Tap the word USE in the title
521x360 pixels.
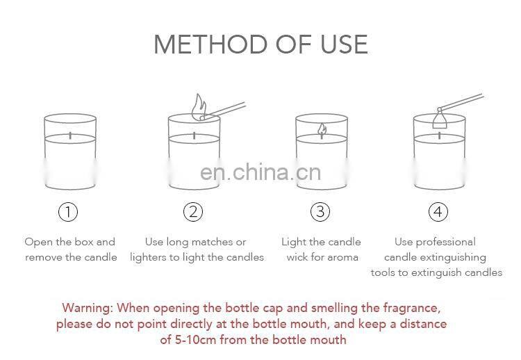(x=344, y=44)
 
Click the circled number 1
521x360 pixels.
(x=68, y=212)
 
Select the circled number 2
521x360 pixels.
(x=193, y=212)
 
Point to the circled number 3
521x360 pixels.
(x=320, y=212)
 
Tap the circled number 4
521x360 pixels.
(x=438, y=212)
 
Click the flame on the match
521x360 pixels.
(x=199, y=106)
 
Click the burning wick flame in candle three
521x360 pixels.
(x=322, y=130)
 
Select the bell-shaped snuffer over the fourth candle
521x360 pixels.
(x=440, y=120)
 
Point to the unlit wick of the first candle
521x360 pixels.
(x=70, y=136)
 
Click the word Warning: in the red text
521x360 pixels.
(x=88, y=308)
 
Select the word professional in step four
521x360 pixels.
(x=445, y=243)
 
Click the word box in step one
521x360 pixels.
(x=84, y=242)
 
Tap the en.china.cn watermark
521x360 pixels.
(x=260, y=172)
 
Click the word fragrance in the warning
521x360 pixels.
(x=412, y=308)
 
